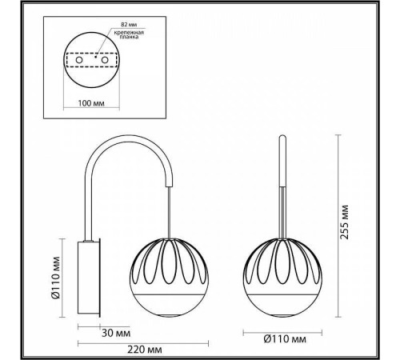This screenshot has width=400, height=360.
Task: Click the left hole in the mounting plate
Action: tap(80, 60)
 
